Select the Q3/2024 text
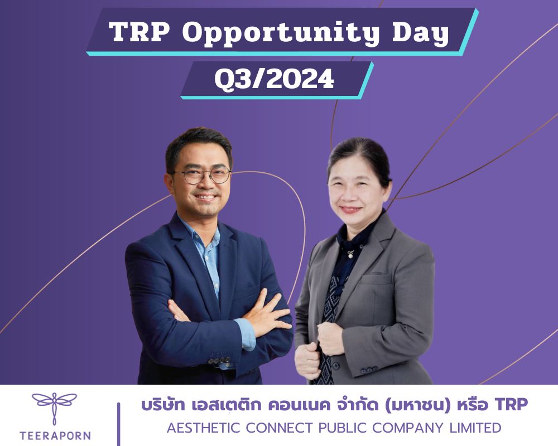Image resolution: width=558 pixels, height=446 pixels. click(x=274, y=79)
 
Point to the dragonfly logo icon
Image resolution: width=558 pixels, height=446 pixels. click(x=55, y=408)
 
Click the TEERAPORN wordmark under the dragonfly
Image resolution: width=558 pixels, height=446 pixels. click(x=55, y=435)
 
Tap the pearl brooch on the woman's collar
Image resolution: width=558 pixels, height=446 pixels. click(x=351, y=254)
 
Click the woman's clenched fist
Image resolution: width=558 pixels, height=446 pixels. click(x=330, y=338)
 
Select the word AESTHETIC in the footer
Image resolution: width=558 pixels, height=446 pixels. click(x=204, y=428)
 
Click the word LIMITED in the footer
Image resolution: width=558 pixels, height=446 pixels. click(x=476, y=428)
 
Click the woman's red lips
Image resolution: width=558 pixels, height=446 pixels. click(x=350, y=210)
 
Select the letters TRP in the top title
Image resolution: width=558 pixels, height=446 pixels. click(x=139, y=32)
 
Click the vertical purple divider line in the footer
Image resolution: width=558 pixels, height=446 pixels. click(x=118, y=424)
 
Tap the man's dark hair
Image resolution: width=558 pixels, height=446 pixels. click(x=198, y=142)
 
